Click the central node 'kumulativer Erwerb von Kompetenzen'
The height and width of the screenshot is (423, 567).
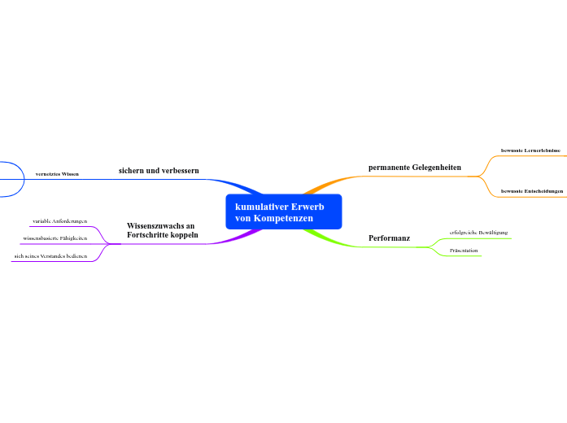click(x=284, y=212)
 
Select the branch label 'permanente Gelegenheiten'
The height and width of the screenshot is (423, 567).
click(x=414, y=167)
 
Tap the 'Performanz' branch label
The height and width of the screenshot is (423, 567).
click(x=389, y=238)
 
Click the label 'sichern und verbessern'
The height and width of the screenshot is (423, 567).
click(x=159, y=171)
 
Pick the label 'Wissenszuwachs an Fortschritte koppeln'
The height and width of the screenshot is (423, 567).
click(x=162, y=229)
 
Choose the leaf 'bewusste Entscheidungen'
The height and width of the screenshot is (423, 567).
click(x=531, y=190)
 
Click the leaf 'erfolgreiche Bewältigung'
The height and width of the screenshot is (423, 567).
click(x=478, y=233)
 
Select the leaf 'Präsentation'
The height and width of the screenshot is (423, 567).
click(x=464, y=251)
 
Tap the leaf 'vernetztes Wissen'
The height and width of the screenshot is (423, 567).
click(x=57, y=174)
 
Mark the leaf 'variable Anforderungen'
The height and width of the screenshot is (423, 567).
click(x=59, y=220)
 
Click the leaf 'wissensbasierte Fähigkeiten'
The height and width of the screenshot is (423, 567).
click(x=55, y=238)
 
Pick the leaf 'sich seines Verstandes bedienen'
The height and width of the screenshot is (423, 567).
click(x=50, y=256)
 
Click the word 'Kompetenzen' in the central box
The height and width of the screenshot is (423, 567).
click(x=284, y=218)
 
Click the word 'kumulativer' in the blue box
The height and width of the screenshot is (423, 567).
click(x=260, y=207)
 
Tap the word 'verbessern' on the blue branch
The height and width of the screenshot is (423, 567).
click(x=179, y=171)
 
